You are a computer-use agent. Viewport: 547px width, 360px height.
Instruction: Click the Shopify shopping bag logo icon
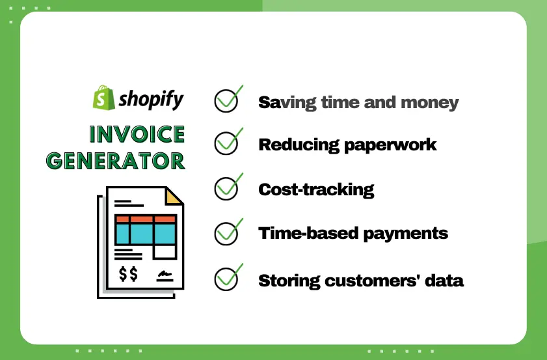103,98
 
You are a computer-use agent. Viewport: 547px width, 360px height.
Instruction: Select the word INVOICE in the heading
137,135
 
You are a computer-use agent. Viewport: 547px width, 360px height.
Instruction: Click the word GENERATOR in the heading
116,160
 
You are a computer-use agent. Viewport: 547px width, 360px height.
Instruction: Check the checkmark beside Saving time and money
227,100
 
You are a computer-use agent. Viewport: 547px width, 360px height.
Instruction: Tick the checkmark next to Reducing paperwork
227,143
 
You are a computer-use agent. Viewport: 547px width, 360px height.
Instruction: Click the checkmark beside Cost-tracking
227,187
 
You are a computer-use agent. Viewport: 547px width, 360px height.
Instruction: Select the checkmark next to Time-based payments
227,232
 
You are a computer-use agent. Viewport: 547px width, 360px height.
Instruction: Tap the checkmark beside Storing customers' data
227,279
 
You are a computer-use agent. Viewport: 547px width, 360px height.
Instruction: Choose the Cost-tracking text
316,189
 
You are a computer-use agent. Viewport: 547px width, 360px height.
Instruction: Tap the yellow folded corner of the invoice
174,196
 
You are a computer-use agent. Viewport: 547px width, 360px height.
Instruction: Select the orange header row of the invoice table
145,219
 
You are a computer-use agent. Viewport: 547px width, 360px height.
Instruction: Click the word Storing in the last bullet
287,281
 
